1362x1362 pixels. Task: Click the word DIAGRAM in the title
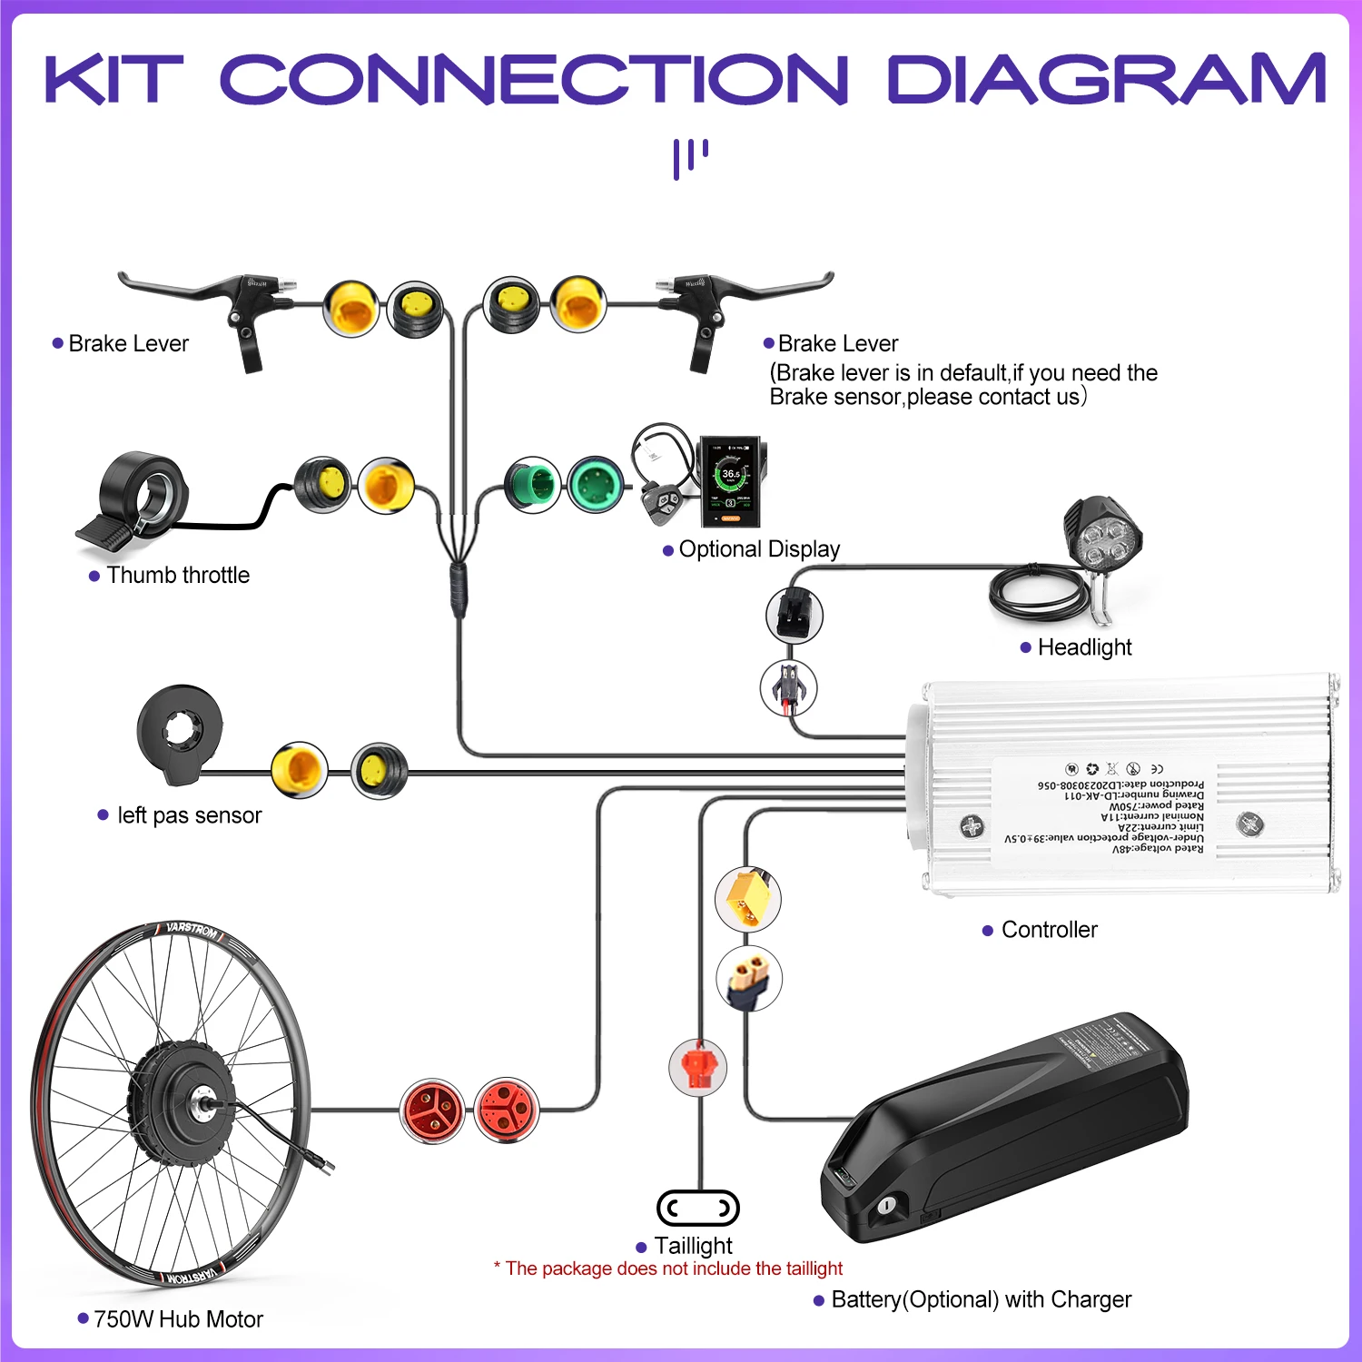click(x=1106, y=79)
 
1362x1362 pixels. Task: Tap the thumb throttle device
click(x=136, y=499)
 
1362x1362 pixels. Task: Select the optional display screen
click(x=731, y=480)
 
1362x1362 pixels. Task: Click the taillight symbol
click(x=697, y=1208)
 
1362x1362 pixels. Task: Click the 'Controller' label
click(x=1049, y=930)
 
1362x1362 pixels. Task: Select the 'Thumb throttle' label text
click(x=178, y=576)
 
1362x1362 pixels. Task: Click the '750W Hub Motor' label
click(x=178, y=1319)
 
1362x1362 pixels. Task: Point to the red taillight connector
click(x=697, y=1068)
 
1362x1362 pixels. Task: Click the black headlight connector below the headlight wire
click(x=794, y=615)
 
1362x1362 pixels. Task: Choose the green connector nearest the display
click(x=596, y=485)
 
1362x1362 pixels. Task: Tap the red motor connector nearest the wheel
click(x=432, y=1110)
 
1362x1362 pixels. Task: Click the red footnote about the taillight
click(x=668, y=1268)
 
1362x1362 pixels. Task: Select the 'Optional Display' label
click(x=759, y=549)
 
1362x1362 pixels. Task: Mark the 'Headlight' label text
click(x=1084, y=647)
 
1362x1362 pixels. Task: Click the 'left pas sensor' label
click(x=189, y=815)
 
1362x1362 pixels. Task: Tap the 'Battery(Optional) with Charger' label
click(x=981, y=1300)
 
